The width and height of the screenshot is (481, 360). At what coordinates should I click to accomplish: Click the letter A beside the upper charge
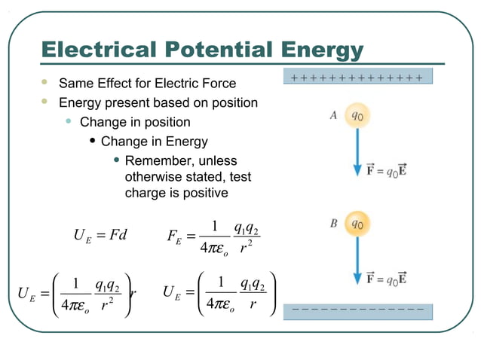coord(332,116)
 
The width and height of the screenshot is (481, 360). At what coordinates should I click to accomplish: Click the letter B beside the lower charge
coord(332,223)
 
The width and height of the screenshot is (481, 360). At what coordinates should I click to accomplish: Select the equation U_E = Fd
coord(100,235)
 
